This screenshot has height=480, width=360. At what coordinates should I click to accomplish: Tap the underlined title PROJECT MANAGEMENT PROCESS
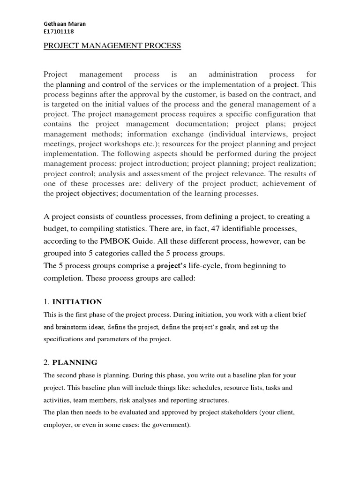point(112,45)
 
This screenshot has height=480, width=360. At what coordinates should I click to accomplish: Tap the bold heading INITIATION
point(77,301)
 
